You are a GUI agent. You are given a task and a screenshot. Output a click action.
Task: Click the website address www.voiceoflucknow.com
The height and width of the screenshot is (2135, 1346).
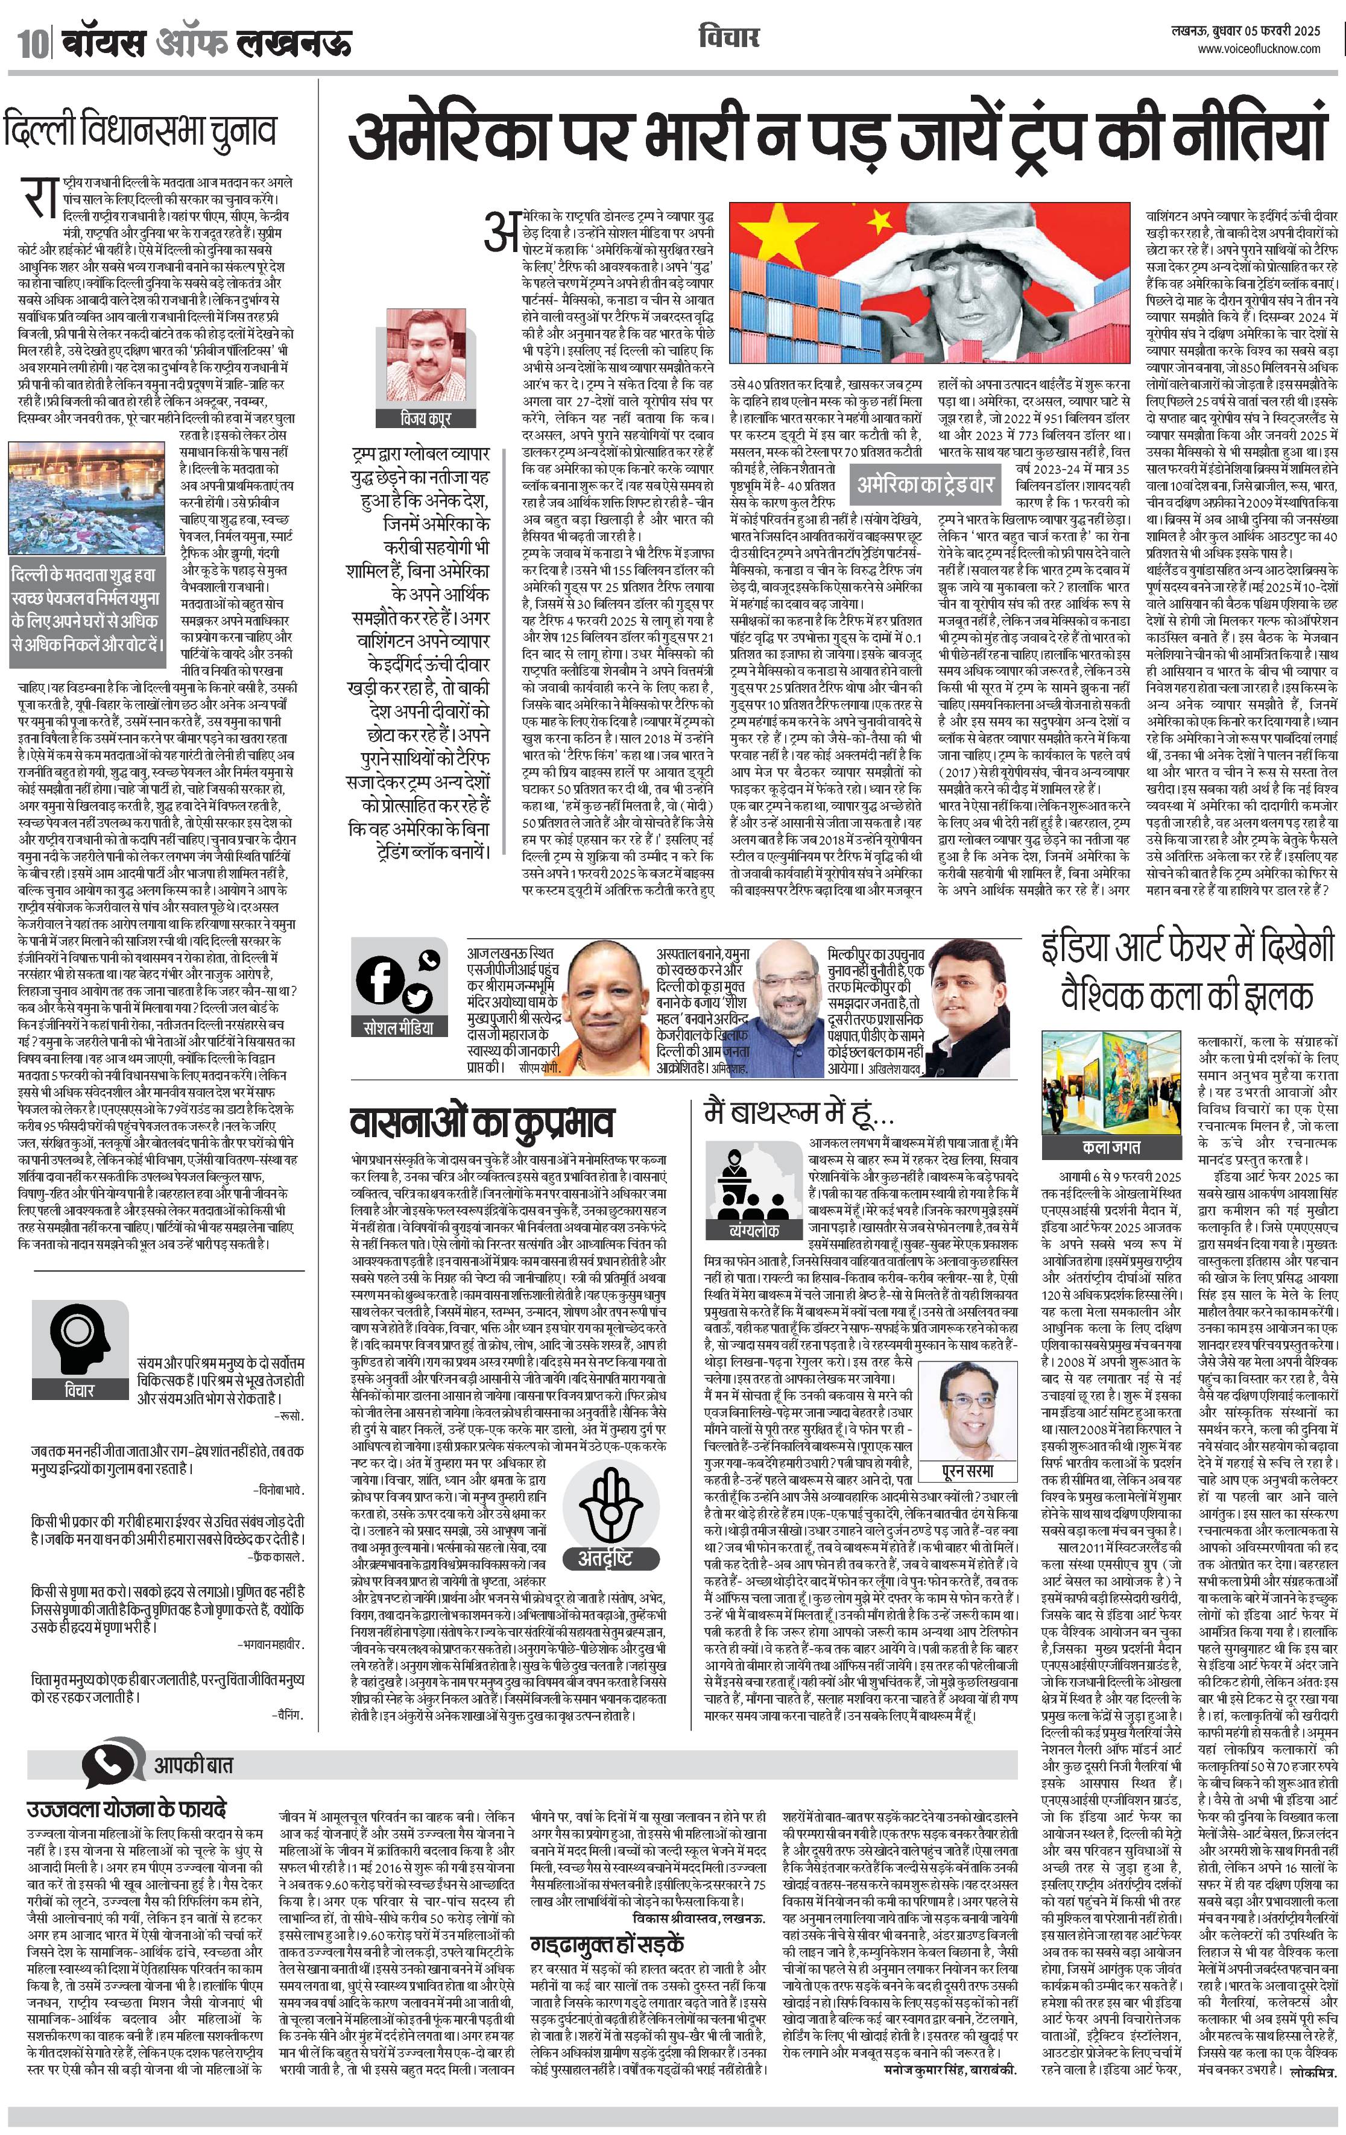[1259, 49]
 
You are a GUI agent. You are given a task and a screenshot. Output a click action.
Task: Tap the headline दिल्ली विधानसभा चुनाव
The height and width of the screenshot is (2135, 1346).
[140, 130]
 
